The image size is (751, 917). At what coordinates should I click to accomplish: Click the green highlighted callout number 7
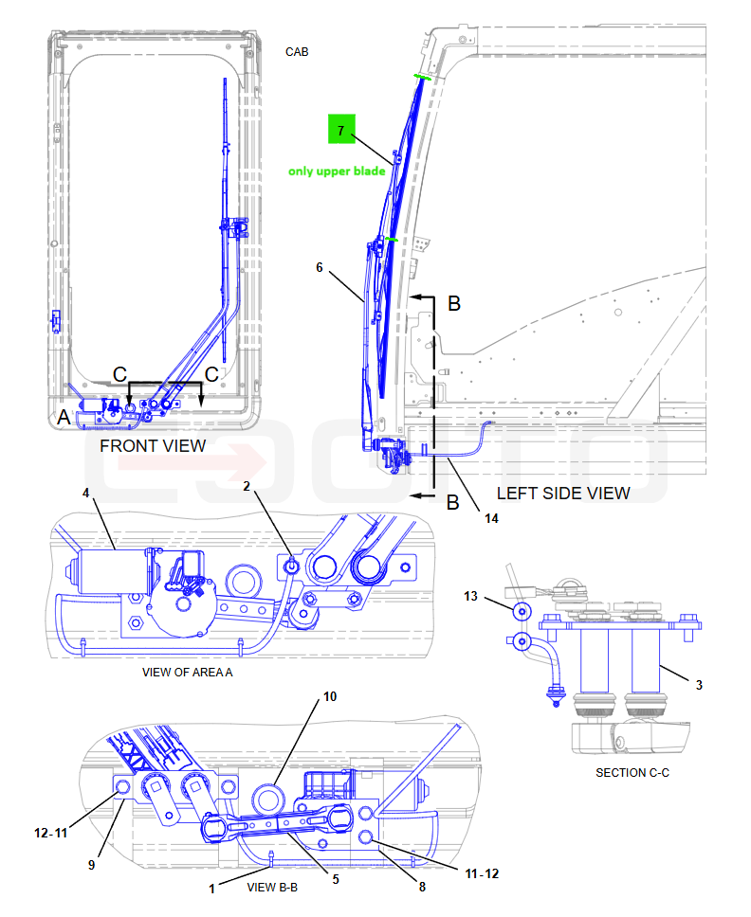point(341,129)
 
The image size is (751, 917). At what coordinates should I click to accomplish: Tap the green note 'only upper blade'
point(337,171)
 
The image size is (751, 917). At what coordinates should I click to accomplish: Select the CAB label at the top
point(297,52)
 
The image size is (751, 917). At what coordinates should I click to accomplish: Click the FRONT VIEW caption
point(153,446)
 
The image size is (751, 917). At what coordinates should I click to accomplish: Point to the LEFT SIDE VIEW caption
point(563,494)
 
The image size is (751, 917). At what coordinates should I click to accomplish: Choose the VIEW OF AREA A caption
point(188,673)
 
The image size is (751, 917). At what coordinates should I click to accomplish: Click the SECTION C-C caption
point(632,773)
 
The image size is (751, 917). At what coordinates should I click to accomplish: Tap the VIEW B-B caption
point(272,888)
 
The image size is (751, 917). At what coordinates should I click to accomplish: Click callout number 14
point(491,518)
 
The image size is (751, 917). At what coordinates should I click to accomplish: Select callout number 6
point(319,267)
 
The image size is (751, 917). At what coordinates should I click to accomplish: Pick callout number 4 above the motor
point(85,493)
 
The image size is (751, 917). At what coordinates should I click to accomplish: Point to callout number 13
point(470,596)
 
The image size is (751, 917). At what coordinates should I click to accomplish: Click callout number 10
point(330,696)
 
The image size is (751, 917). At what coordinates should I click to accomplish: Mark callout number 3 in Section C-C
point(699,685)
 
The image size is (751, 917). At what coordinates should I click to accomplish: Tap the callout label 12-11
point(51,833)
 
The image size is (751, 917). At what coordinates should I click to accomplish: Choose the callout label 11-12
point(482,873)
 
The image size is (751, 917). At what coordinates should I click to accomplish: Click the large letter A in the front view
point(64,418)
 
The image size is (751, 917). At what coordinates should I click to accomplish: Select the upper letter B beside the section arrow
point(454,303)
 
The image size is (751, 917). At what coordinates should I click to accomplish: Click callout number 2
point(247,486)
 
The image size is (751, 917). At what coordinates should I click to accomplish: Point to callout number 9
point(91,865)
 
